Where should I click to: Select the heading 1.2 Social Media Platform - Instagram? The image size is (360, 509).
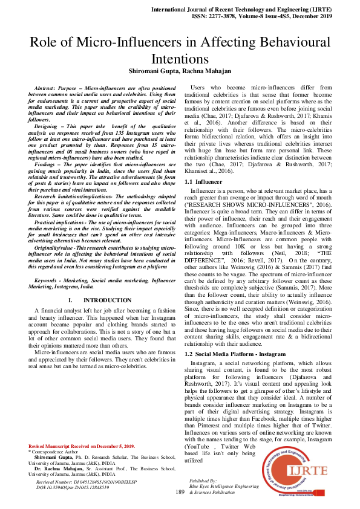click(x=235, y=353)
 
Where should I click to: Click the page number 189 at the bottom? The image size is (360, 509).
click(x=180, y=493)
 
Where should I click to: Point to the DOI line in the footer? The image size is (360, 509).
click(x=73, y=487)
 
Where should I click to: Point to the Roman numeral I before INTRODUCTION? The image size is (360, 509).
click(x=71, y=300)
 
